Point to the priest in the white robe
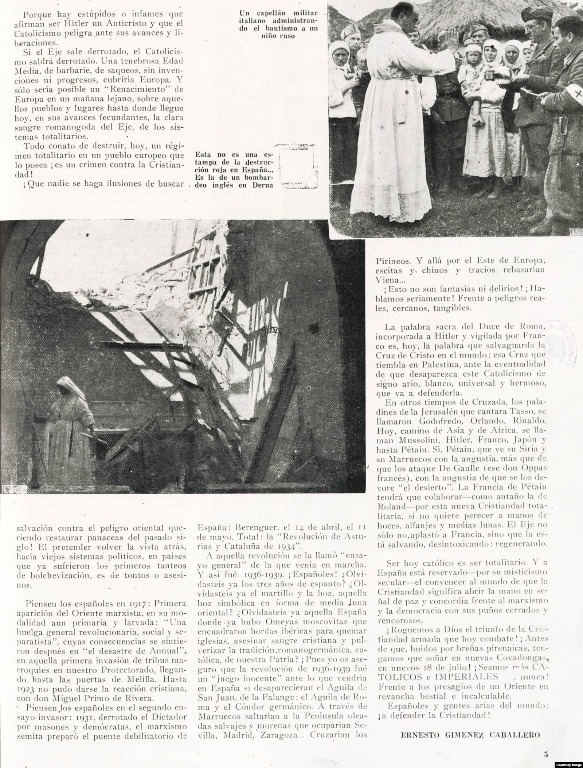pos(390,113)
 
